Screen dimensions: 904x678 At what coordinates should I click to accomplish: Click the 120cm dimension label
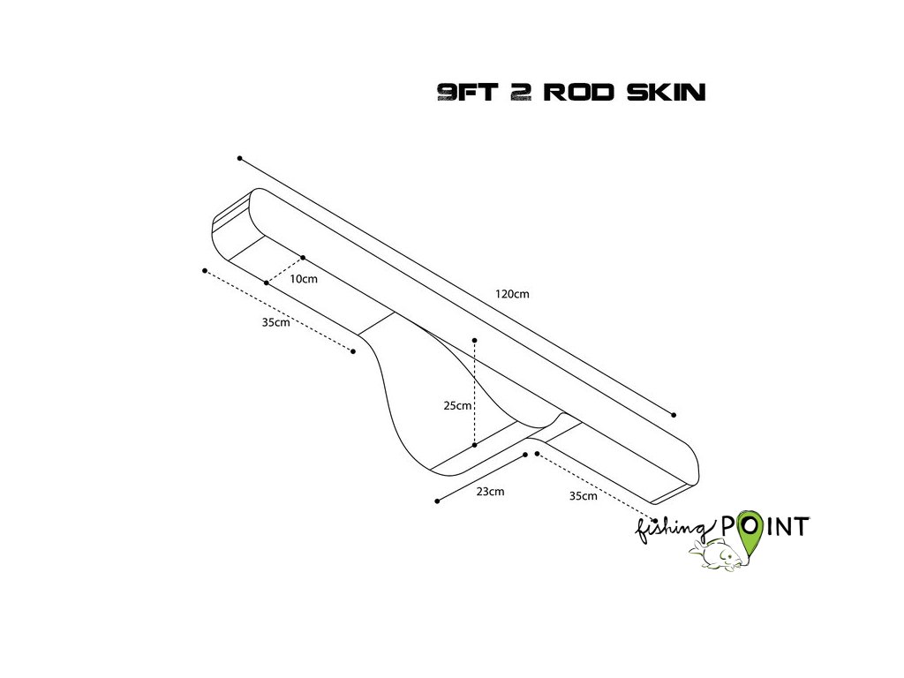(512, 294)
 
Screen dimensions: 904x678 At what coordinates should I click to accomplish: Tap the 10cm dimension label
(304, 279)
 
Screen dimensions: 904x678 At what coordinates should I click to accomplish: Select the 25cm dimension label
(457, 406)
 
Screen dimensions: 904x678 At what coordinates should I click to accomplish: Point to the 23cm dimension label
(490, 492)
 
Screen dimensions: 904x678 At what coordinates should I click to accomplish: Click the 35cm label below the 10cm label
(275, 322)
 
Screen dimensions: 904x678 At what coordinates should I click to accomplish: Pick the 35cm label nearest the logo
(583, 496)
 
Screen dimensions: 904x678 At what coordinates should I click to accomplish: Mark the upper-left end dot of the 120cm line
(239, 158)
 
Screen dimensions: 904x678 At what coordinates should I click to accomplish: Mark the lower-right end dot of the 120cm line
(674, 414)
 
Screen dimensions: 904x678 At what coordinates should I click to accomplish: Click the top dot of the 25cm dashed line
(475, 339)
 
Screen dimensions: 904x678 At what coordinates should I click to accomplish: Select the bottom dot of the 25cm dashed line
(475, 445)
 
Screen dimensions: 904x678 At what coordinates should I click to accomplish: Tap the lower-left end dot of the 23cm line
(437, 501)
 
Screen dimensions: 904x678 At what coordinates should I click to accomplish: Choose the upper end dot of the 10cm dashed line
(303, 258)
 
